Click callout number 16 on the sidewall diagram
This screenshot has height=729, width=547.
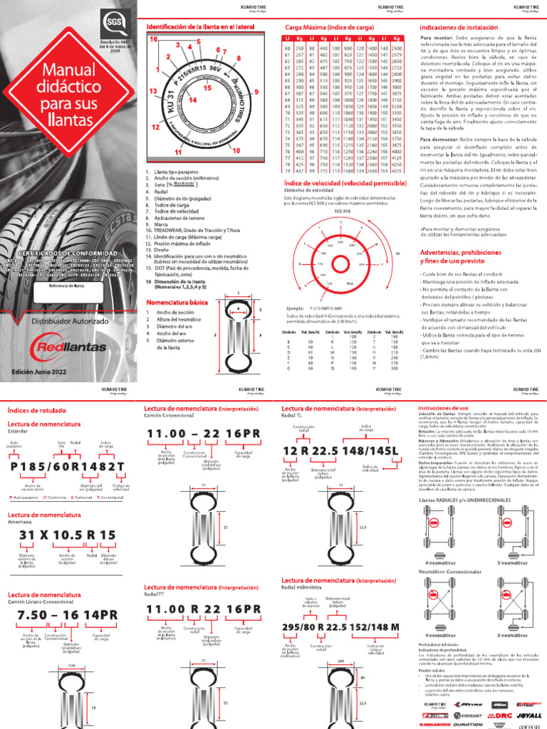coord(152,40)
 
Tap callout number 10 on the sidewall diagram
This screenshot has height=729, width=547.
coord(236,151)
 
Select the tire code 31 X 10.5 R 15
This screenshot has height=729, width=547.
coord(68,535)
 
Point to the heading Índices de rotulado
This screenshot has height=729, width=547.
coord(35,410)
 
